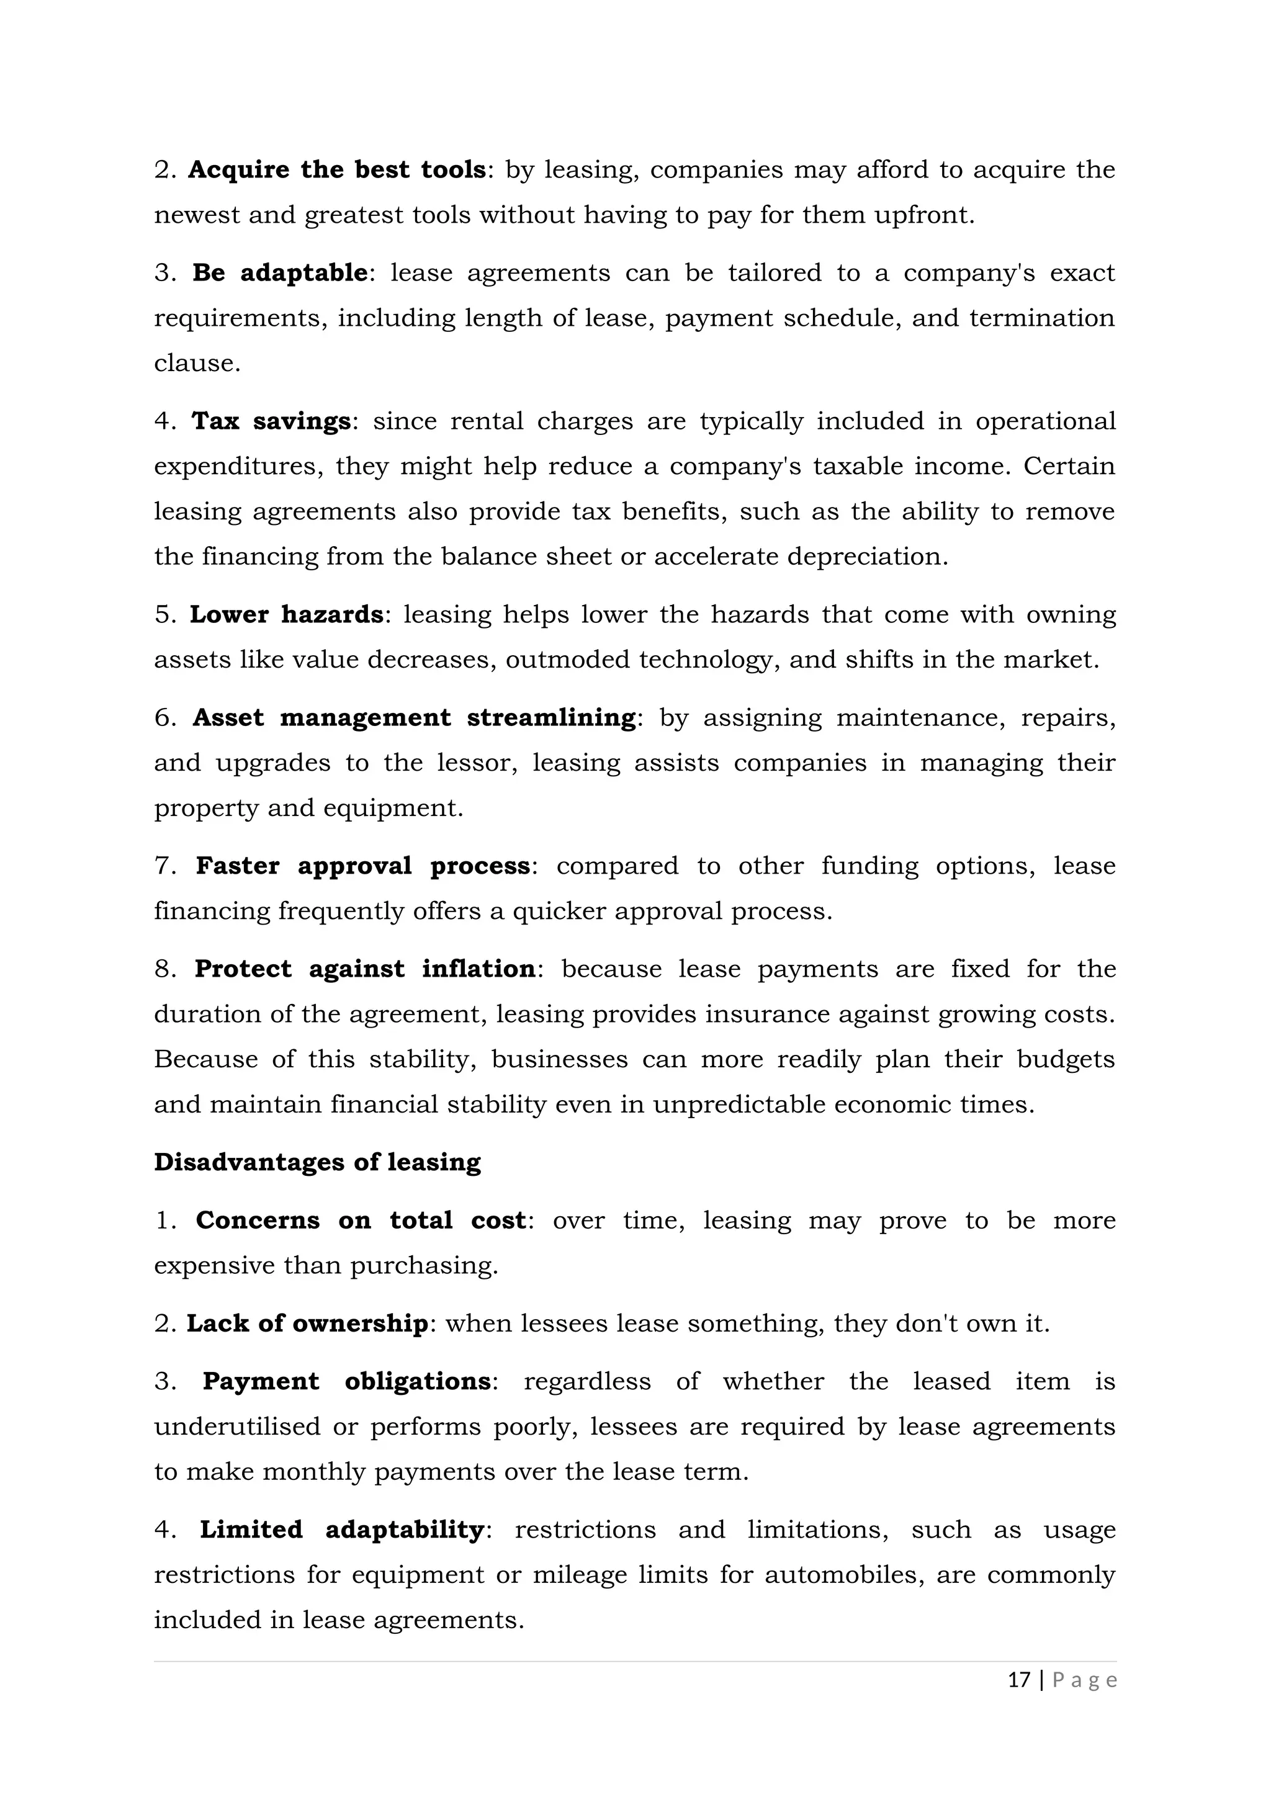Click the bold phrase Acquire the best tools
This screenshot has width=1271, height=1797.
click(336, 170)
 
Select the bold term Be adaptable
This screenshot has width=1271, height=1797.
click(279, 272)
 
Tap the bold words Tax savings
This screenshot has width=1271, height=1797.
click(271, 421)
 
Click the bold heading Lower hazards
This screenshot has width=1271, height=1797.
click(285, 614)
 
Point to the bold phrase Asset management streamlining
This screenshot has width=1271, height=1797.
click(414, 718)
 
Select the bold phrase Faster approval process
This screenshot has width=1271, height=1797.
click(362, 866)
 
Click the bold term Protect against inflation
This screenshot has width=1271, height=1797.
click(365, 969)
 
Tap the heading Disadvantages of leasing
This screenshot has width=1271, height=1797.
click(317, 1162)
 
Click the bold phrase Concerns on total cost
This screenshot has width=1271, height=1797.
click(361, 1220)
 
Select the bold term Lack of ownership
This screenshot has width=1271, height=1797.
click(307, 1324)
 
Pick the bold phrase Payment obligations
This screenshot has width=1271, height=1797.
click(346, 1381)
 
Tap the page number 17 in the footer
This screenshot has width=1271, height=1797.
click(1018, 1680)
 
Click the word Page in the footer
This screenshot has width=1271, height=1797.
click(1085, 1680)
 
